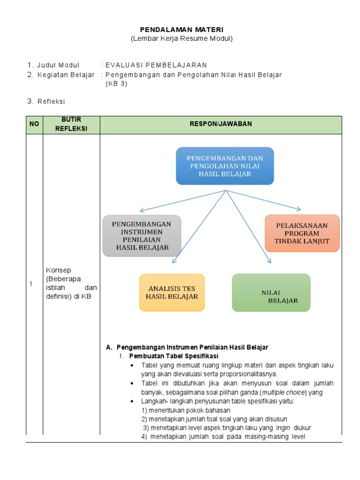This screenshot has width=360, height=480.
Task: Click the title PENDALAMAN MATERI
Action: click(181, 30)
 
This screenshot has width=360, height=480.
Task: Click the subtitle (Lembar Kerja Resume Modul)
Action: click(181, 38)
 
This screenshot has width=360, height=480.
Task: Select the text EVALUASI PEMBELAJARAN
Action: click(156, 65)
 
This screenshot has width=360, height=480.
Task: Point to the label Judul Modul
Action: click(59, 65)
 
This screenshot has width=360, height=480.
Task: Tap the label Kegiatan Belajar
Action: click(66, 75)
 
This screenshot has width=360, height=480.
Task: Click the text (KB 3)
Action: click(116, 84)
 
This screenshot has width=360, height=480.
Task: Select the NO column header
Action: click(34, 125)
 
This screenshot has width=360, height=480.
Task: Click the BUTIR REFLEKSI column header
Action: click(71, 125)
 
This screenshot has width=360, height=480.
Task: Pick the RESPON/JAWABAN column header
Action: click(221, 124)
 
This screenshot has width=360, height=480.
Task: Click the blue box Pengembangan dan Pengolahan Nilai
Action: click(225, 165)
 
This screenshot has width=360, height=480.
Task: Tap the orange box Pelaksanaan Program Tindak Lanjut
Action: click(302, 233)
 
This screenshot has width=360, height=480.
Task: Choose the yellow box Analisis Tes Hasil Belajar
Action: click(172, 292)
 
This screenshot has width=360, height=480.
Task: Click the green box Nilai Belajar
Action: click(271, 293)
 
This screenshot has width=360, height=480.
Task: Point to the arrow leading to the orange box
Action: click(267, 200)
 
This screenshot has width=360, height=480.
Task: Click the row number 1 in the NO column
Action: click(31, 284)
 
